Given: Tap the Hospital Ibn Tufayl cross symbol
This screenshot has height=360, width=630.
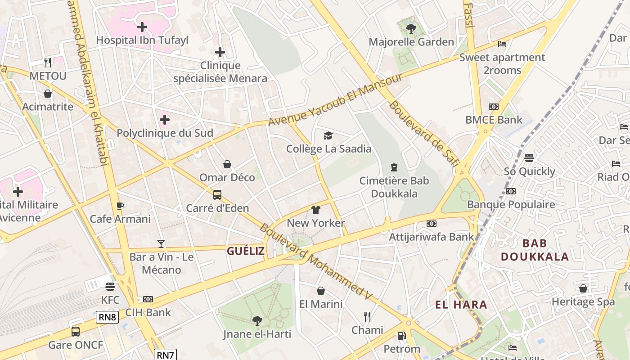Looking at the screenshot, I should tap(142, 27).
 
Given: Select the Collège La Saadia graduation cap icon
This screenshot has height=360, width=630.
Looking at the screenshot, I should tap(328, 135).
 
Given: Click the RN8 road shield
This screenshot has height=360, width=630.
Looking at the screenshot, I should tap(108, 317).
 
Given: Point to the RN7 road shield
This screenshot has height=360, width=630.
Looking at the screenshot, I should tap(165, 355).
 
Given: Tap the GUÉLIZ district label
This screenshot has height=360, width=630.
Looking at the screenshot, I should tap(245, 251).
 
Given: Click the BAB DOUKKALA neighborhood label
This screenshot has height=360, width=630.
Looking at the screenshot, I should tap(535, 250).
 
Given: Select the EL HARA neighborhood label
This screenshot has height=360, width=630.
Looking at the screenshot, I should tap(461, 305).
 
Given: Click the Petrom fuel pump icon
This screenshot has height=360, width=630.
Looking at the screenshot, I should tap(401, 336).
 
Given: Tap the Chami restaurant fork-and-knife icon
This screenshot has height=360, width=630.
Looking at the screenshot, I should tap(367, 317).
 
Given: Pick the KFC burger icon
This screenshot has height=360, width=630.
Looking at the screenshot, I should tap(110, 287).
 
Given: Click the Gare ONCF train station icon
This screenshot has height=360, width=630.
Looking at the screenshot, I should tap(76, 332).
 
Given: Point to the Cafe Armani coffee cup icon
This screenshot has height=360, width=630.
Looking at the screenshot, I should tap(120, 206).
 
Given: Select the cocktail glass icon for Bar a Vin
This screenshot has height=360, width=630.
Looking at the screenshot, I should tap(161, 244).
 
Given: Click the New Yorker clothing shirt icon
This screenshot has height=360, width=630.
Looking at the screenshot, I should tap(316, 210).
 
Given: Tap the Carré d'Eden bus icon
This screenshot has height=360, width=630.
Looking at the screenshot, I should tap(217, 195).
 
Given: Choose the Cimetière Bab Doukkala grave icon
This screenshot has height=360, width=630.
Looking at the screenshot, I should tap(394, 167).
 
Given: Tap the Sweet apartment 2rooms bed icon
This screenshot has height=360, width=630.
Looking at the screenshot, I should tap(502, 44).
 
